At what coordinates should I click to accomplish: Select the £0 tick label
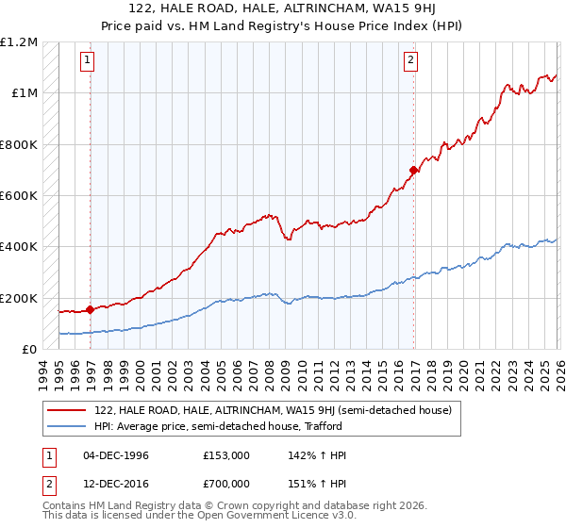point(29,350)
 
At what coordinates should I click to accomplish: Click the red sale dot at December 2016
point(413,171)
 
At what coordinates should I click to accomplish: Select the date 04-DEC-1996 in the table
point(116,455)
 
